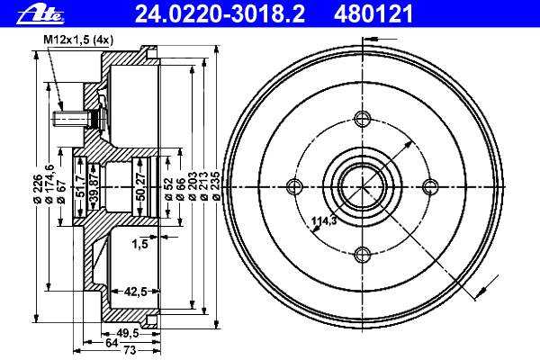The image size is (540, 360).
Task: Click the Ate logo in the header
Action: point(40,15)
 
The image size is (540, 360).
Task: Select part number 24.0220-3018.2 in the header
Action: point(220,14)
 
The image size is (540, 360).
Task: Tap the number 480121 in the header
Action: point(373,14)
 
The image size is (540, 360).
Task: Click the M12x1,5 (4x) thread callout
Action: point(78,40)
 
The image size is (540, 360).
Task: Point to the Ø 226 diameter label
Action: point(38,187)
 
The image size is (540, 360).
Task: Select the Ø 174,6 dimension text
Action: point(49,184)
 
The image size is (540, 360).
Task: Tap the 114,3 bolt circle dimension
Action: point(324,220)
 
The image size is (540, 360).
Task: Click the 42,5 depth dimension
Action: point(135,292)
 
